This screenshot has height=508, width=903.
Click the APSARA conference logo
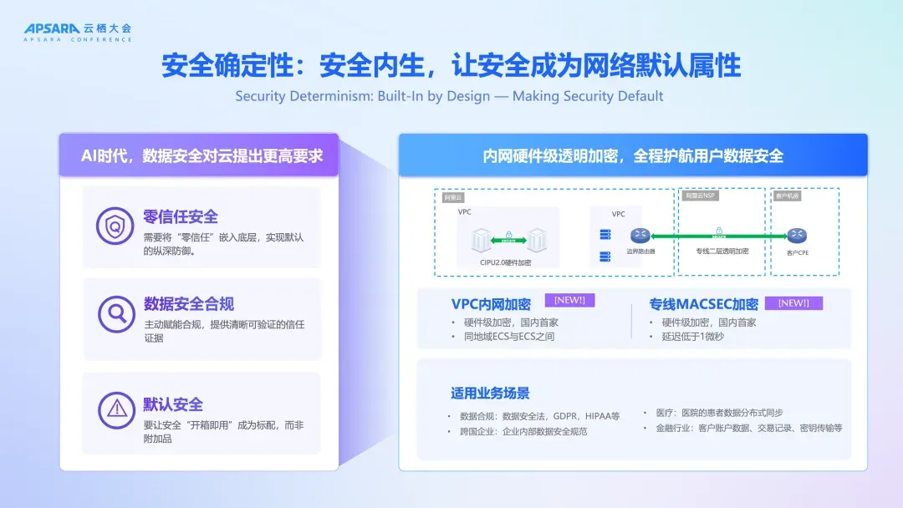(x=78, y=32)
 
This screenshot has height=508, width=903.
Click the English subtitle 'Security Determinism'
(x=450, y=96)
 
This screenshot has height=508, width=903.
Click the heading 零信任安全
(x=181, y=217)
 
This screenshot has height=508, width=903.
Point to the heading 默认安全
(x=173, y=404)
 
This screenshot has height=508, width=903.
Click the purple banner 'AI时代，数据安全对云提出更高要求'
(x=198, y=156)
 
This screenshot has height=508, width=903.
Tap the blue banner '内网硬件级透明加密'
(x=633, y=156)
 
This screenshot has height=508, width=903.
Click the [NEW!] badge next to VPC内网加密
(x=570, y=300)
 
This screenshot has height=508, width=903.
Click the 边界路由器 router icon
(x=640, y=236)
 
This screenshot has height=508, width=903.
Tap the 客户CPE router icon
(x=797, y=236)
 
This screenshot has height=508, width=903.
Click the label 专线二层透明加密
(x=722, y=251)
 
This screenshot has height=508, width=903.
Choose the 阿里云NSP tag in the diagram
(x=700, y=196)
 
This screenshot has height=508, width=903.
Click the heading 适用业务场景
(x=490, y=394)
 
